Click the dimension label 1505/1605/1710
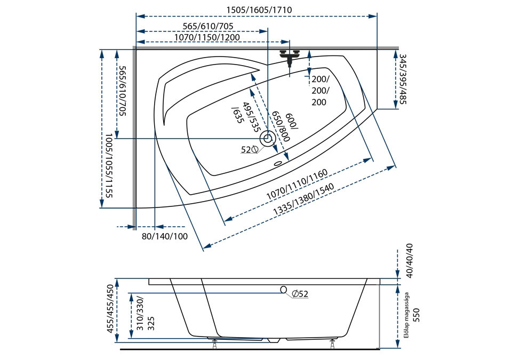pyautogui.click(x=259, y=10)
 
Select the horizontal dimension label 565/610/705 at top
pyautogui.click(x=208, y=26)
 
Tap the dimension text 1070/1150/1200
pyautogui.click(x=207, y=37)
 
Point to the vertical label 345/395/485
pyautogui.click(x=402, y=79)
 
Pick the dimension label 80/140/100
pyautogui.click(x=164, y=236)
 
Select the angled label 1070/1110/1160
pyautogui.click(x=297, y=184)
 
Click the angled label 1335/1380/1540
pyautogui.click(x=304, y=199)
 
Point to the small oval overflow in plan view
pyautogui.click(x=278, y=164)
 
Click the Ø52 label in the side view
pyautogui.click(x=300, y=294)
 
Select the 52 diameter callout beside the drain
pyautogui.click(x=249, y=149)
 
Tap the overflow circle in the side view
pyautogui.click(x=284, y=289)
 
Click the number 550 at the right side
pyautogui.click(x=417, y=315)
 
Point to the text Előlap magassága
pyautogui.click(x=406, y=315)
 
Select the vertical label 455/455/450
pyautogui.click(x=110, y=309)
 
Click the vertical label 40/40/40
pyautogui.click(x=410, y=261)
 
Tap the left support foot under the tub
pyautogui.click(x=214, y=344)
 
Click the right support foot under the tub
pyautogui.click(x=333, y=344)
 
